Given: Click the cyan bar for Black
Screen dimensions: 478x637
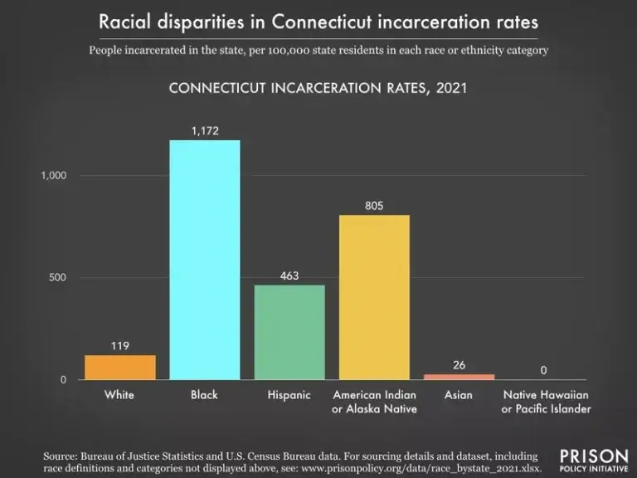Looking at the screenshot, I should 205,260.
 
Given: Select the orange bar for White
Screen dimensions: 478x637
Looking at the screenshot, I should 120,367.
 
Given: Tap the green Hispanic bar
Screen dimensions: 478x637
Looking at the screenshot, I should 289,332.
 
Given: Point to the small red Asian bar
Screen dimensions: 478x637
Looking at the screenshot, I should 459,377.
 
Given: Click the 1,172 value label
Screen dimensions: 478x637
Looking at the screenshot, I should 205,131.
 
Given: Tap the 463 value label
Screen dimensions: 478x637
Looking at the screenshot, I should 289,276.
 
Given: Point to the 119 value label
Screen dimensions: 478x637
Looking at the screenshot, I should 120,346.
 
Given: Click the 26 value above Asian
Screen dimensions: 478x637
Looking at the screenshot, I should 459,365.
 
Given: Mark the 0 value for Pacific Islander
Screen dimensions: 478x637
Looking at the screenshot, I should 544,370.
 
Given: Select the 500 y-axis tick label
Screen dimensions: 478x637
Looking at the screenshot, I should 57,277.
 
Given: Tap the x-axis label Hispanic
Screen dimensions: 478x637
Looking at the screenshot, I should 289,395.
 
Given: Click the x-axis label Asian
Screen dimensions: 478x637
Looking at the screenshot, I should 459,395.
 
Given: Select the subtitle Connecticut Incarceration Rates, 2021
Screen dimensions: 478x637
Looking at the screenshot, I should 318,88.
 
